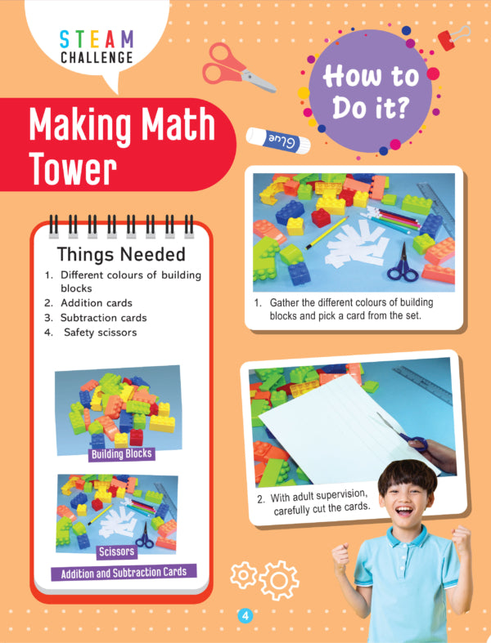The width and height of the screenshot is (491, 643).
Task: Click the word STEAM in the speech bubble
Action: coord(97,39)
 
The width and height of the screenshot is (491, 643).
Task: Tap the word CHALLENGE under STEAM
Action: coord(97,57)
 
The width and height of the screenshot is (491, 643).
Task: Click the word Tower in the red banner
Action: coord(73,168)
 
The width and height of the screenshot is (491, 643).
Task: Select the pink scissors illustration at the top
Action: coord(238,68)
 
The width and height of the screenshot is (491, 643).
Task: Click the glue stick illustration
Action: coord(278,141)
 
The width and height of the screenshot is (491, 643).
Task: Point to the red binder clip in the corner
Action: coord(453,38)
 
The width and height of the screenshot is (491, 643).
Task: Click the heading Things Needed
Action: coord(121,254)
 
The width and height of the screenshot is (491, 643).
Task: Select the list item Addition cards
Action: coord(97,303)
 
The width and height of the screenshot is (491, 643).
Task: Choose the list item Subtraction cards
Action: coord(104,318)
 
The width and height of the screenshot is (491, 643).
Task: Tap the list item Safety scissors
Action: coord(101,333)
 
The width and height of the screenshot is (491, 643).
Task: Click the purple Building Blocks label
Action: coord(122,454)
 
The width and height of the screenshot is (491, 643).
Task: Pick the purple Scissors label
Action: coord(117,552)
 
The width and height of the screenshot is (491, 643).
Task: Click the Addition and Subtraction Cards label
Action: coord(124,573)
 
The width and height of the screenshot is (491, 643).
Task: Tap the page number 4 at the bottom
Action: coord(245,615)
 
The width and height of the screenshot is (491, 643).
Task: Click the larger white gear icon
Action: coord(279,580)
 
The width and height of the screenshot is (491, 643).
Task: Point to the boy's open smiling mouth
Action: coord(404,511)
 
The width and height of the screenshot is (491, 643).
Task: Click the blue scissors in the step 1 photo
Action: coord(403,265)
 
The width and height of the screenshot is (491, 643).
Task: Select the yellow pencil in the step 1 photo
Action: coord(327,233)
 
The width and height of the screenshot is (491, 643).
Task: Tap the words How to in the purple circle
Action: coord(371,76)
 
